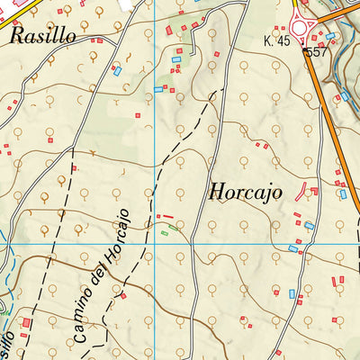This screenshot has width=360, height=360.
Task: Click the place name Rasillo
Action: click(43, 36)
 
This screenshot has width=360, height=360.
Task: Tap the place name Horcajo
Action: click(245, 193)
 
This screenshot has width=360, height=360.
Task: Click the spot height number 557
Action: click(316, 53)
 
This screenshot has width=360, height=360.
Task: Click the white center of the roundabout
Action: click(300, 27)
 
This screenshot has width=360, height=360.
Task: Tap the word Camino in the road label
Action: click(83, 319)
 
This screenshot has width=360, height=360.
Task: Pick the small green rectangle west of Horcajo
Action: click(165, 234)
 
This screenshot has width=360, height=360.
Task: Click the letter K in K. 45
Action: click(268, 43)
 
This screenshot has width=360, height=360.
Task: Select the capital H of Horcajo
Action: click(217, 192)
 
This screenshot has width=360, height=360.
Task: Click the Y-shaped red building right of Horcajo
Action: click(308, 188)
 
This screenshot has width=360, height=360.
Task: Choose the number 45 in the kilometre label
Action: click(285, 43)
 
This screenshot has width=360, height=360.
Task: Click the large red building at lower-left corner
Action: click(27, 322)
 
